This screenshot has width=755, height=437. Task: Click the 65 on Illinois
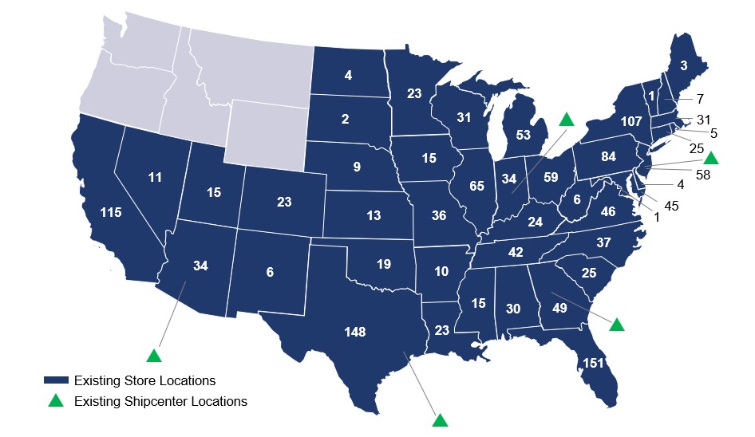[477, 187]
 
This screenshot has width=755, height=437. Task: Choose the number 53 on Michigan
[524, 135]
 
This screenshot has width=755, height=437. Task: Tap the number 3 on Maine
[684, 65]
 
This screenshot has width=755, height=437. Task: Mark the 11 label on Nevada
[156, 178]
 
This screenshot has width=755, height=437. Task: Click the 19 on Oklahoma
[383, 264]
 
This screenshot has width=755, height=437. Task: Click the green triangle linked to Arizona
[153, 355]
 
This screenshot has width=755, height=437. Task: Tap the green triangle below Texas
[440, 419]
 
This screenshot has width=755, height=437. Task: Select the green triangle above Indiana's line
[566, 120]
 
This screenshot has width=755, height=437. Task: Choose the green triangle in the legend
[56, 401]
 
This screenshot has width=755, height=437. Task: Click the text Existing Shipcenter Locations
[160, 401]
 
